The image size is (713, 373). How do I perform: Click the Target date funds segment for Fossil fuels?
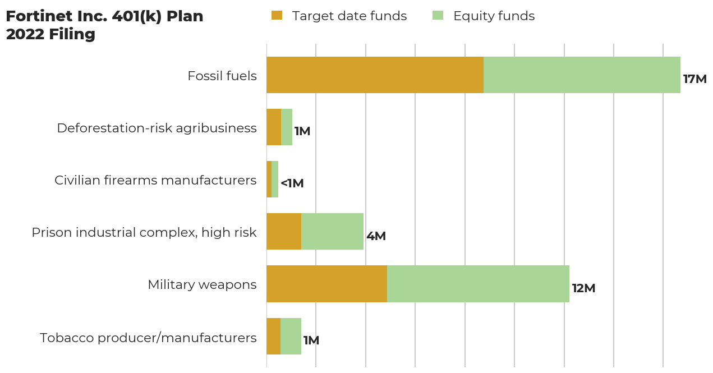pos(375,75)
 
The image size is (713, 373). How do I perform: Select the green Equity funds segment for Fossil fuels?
pos(582,75)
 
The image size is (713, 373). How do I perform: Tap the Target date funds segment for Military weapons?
pos(326,284)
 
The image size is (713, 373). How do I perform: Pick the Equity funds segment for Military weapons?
pos(478,284)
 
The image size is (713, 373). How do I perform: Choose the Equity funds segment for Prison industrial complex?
pos(332,232)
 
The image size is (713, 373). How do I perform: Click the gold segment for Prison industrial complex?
pos(284,232)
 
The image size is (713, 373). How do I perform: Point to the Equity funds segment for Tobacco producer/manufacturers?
pos(291,336)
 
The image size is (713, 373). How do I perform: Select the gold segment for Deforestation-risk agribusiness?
pos(274,127)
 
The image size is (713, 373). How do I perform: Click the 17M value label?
pos(694,79)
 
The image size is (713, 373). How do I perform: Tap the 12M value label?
pos(583,288)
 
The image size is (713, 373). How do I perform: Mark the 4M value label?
pos(376,236)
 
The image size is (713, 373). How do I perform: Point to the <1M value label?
pos(292,183)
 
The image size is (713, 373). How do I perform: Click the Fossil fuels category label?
pos(222,76)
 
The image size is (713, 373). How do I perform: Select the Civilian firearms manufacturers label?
pos(155,180)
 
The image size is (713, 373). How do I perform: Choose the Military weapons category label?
pos(202,284)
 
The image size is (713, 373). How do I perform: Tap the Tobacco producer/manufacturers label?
pos(148,338)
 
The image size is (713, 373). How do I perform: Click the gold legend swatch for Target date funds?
pos(277,16)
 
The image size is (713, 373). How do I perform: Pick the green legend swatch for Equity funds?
pos(438,16)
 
